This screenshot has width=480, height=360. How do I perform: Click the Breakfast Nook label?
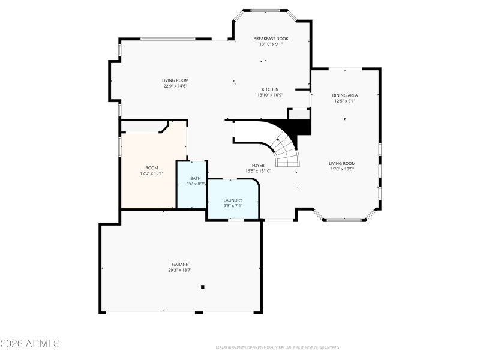coord(270,38)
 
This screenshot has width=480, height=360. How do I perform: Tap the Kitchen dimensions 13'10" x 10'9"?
coord(270,95)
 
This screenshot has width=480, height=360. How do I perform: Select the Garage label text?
coord(180,265)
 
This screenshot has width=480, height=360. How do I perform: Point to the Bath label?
coord(196,178)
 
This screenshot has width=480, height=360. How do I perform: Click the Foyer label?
coord(258,165)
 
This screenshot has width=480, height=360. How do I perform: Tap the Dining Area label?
coord(345,95)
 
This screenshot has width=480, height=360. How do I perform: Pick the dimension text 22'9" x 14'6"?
coord(175,86)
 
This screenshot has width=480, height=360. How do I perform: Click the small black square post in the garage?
coord(203,287)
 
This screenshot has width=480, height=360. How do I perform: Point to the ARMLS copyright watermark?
coord(30,344)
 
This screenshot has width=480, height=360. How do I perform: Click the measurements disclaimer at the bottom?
coord(278,347)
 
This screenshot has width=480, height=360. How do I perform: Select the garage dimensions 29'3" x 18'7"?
coord(180,271)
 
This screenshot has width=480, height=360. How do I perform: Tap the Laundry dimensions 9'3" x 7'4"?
coord(233,206)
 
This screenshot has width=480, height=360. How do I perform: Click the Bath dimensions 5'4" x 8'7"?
coord(196,184)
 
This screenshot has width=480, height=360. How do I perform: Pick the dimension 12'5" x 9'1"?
coord(345,101)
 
